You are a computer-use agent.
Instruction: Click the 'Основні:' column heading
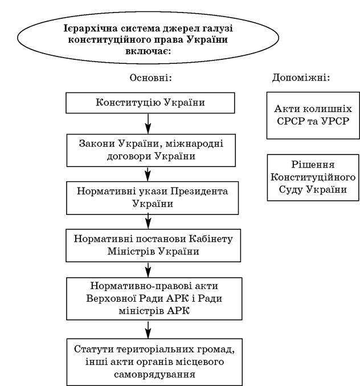point(150,78)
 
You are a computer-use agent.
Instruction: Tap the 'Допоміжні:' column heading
point(301,78)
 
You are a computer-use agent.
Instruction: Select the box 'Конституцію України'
point(150,103)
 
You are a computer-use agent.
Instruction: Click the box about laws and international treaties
point(151,150)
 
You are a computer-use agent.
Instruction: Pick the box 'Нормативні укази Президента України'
point(153,198)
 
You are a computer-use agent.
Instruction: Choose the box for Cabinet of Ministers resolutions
point(153,245)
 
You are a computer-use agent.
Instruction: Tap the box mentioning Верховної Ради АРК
point(154,299)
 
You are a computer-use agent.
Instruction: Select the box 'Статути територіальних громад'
point(154,362)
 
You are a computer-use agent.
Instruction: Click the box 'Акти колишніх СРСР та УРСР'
point(313,115)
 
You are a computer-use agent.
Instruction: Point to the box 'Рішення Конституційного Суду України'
point(313,177)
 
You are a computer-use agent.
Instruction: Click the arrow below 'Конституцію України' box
point(148,124)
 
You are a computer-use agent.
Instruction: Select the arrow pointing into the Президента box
point(148,174)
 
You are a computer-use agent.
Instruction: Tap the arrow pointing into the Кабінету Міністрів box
point(148,222)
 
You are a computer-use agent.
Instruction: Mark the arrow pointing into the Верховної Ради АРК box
point(148,270)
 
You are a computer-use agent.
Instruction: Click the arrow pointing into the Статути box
point(148,330)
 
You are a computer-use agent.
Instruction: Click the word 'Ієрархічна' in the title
point(91,29)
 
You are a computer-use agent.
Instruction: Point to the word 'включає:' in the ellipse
point(148,51)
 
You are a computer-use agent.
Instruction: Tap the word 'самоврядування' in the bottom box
point(154,375)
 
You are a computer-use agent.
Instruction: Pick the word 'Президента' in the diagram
point(199,191)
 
